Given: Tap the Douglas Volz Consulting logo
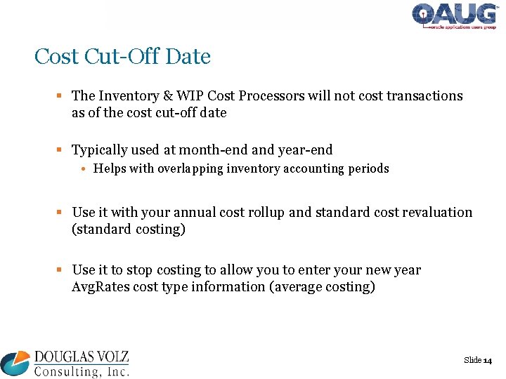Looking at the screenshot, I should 65,364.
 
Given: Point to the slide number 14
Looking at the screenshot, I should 488,360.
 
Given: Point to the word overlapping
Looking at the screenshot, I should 188,168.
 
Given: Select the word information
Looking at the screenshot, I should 233,287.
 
